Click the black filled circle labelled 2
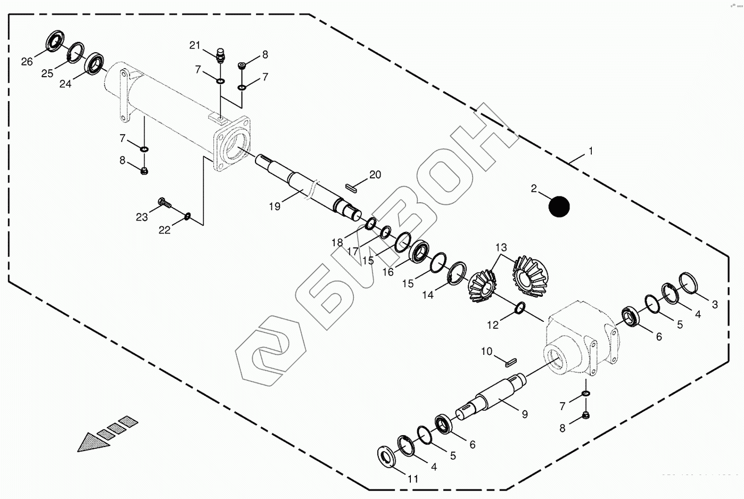[559, 206]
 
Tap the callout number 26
[27, 62]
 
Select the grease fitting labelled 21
[220, 54]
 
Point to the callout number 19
[275, 206]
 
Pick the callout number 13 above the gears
[501, 248]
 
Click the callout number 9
[525, 414]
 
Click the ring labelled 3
[689, 282]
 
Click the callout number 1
[590, 151]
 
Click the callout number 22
[164, 230]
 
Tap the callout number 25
[47, 73]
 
